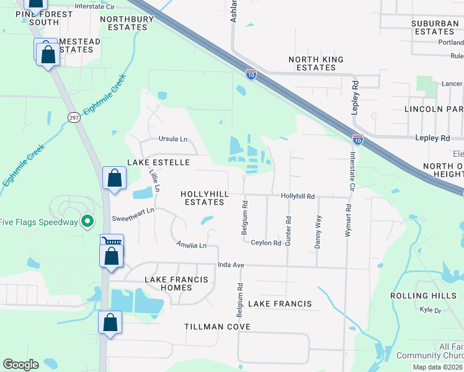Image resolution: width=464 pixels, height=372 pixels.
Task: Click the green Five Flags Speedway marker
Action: [88, 221]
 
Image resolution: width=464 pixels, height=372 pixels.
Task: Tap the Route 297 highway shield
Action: [73, 118]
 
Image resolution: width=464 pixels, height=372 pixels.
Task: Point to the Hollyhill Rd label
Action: [298, 195]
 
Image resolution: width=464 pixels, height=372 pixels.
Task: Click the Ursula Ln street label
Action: [173, 139]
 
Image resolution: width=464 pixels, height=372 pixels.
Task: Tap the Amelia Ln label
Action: [191, 246]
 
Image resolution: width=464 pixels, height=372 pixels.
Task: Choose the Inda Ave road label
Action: [232, 265]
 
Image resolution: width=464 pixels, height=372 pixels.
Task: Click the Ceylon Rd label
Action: [266, 242]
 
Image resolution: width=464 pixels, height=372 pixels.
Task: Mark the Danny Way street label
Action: [318, 232]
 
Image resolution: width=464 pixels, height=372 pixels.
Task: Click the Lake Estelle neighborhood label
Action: [158, 162]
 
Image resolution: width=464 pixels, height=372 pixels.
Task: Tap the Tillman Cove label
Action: [217, 326]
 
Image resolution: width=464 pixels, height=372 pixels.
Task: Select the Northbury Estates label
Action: [127, 23]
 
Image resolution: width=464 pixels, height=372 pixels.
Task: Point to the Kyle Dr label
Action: [429, 309]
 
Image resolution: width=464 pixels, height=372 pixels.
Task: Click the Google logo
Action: [20, 364]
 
